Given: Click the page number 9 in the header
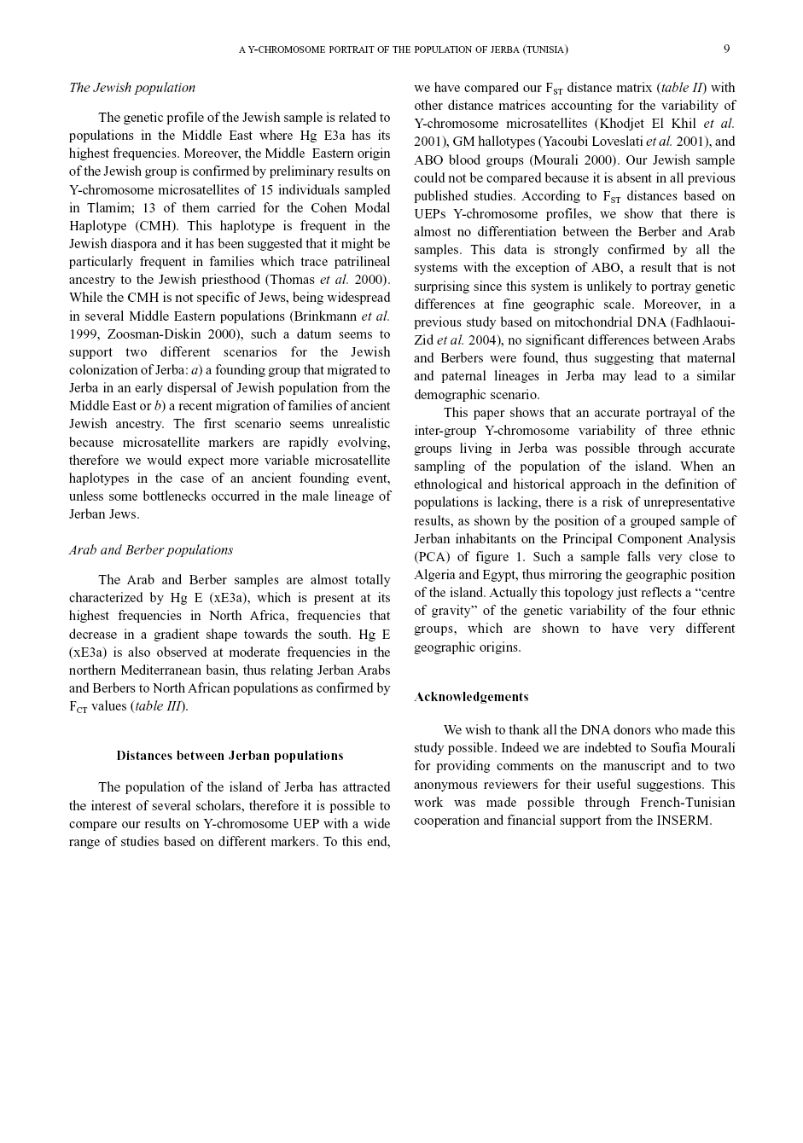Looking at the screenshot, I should [x=726, y=49].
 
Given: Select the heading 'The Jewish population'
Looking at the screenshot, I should [x=132, y=88].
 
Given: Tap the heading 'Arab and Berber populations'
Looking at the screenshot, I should [x=151, y=550].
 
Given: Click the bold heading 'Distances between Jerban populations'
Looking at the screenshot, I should [x=230, y=756].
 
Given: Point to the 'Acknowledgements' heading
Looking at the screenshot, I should [x=471, y=697].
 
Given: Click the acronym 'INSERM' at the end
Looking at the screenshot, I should [x=683, y=821].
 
